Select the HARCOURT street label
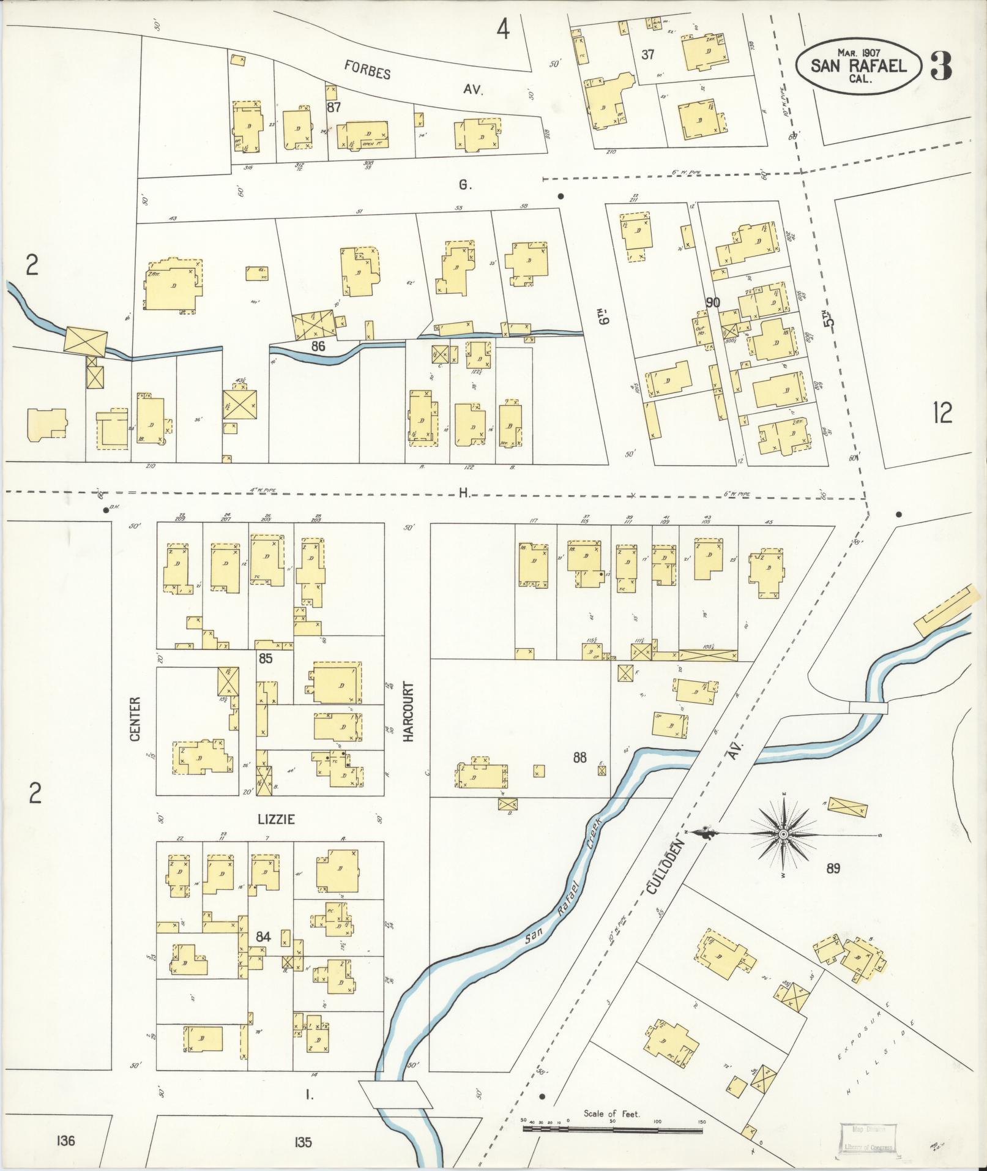408,713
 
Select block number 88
579,758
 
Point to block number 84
264,937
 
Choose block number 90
713,302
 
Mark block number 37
648,55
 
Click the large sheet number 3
941,66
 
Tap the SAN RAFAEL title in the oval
859,66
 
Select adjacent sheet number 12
943,414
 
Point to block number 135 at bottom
302,1142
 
